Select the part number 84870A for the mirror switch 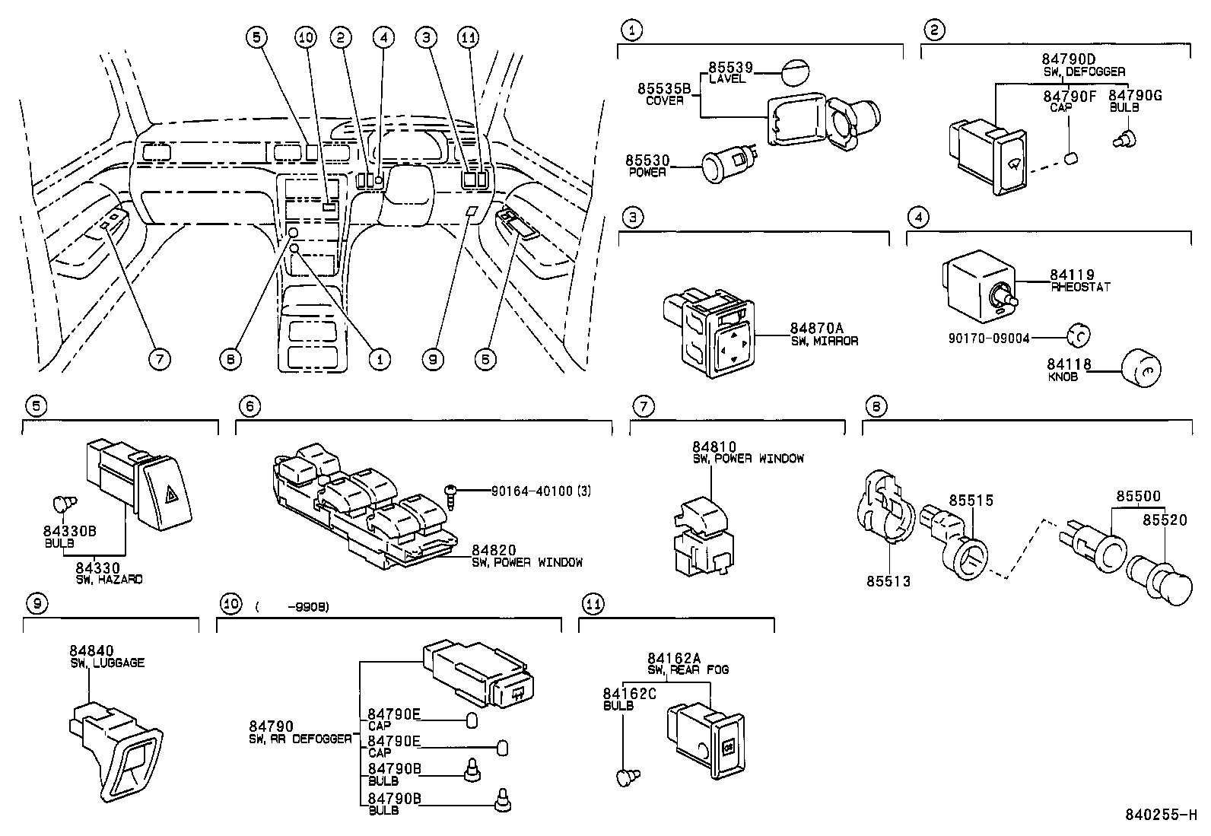pyautogui.click(x=811, y=329)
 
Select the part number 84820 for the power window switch pyautogui.click(x=494, y=550)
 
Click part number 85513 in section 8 pyautogui.click(x=888, y=581)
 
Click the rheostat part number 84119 pyautogui.click(x=1071, y=275)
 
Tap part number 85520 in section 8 pyautogui.click(x=1165, y=520)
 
